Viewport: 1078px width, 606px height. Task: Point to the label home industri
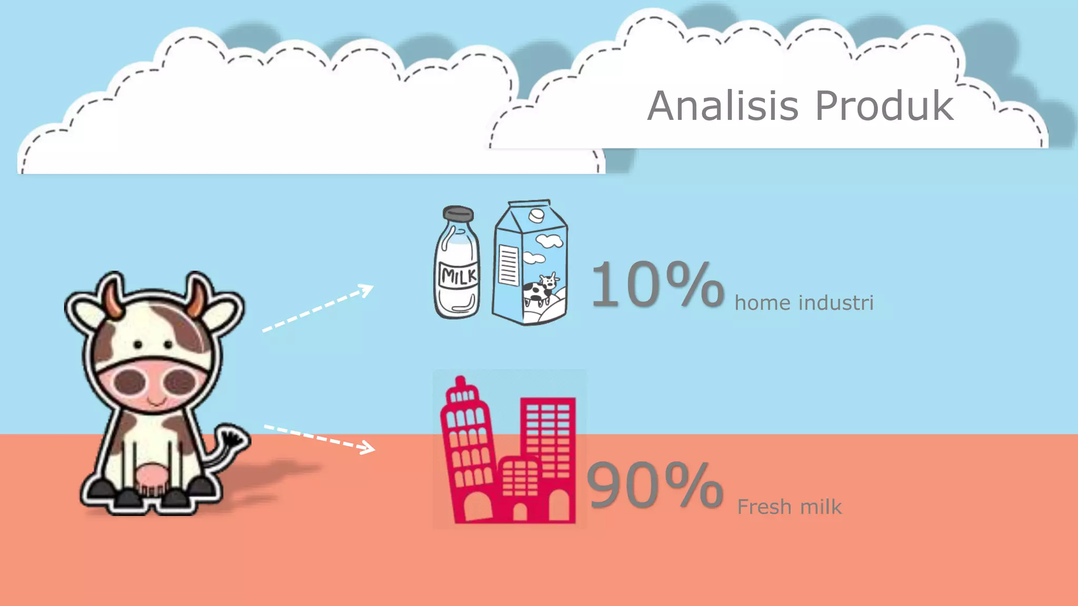804,303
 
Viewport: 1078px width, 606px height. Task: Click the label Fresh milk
789,507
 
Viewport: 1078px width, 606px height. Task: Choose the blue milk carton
530,263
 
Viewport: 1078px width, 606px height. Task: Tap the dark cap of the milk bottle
458,214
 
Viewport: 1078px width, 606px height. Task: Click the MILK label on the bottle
458,276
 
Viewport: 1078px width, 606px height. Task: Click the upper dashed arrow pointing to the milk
318,308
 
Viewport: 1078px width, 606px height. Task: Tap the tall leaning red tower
467,447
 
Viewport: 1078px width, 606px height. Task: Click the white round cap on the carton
536,215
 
